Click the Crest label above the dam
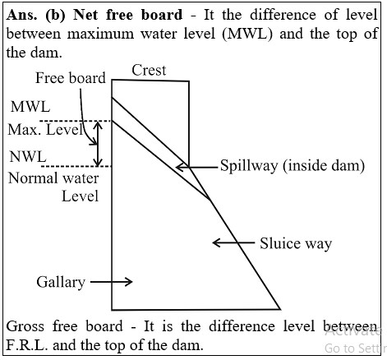[x=149, y=71]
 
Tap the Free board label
[x=71, y=78]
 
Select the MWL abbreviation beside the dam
[x=30, y=107]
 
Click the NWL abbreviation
[x=28, y=157]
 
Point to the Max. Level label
[x=45, y=130]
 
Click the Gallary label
[x=61, y=282]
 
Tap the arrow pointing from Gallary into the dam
[x=112, y=281]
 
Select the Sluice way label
[x=296, y=243]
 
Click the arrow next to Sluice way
[x=233, y=242]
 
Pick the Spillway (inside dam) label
[x=293, y=166]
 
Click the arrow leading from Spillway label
[x=196, y=167]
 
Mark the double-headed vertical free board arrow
[x=98, y=144]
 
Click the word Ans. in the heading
[x=21, y=15]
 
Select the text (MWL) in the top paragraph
[x=247, y=34]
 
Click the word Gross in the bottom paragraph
[x=25, y=326]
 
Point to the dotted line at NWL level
[x=77, y=166]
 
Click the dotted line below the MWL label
[x=75, y=121]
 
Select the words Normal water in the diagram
[x=53, y=178]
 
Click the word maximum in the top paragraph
[x=100, y=34]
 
